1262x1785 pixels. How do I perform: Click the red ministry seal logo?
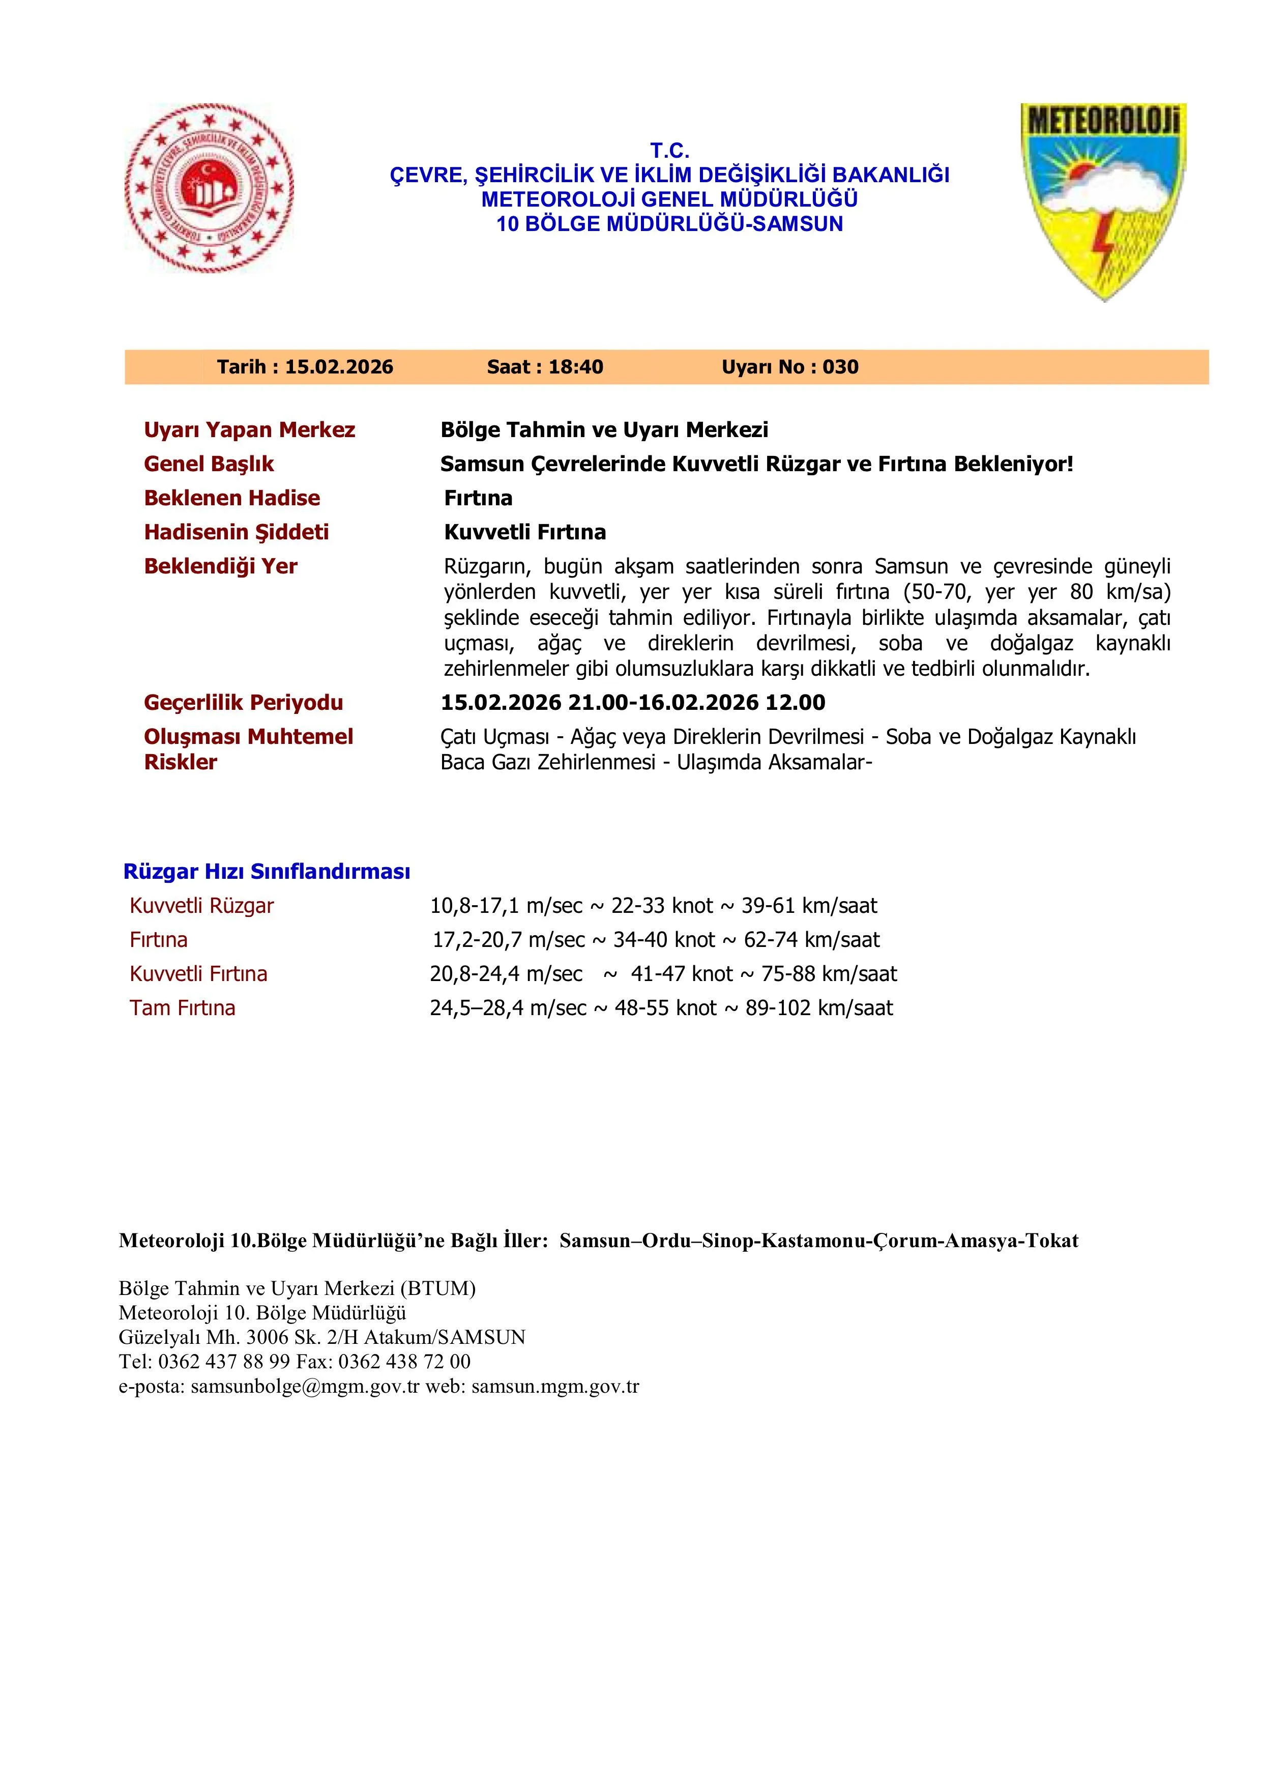209,189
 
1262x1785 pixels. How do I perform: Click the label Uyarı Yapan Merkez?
249,430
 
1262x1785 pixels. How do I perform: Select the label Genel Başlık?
209,464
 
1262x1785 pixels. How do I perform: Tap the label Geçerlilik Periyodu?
243,703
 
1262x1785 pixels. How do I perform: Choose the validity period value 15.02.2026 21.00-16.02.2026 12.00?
633,703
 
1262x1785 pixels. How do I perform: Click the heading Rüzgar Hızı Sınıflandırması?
267,872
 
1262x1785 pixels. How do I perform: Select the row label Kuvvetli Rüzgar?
202,906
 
